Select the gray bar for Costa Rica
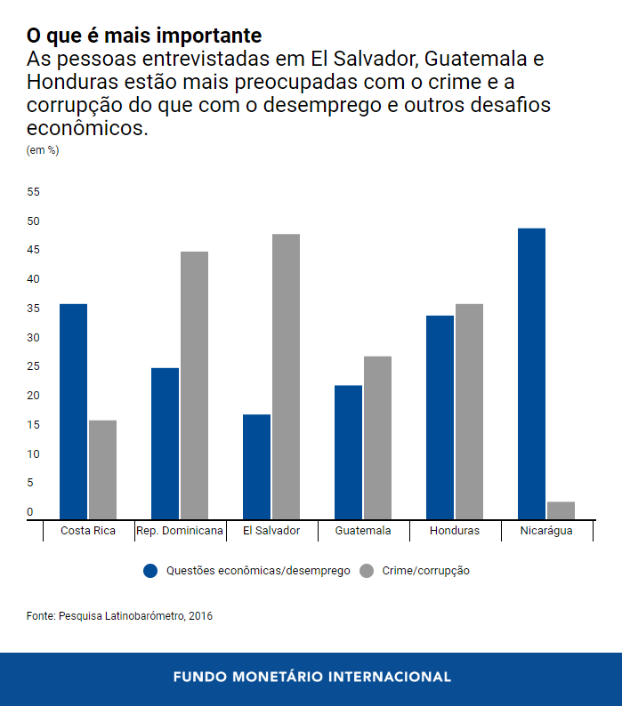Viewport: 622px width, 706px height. point(102,469)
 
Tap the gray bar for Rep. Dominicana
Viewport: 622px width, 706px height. point(194,384)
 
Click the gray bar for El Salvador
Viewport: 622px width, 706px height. point(286,376)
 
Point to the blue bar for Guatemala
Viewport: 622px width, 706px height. point(348,452)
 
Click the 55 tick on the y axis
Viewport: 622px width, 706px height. point(34,192)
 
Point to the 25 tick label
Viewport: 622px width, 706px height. point(34,367)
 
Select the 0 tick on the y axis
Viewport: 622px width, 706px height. point(29,512)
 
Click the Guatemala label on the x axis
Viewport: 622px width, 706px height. point(363,531)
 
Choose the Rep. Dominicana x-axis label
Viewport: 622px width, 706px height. point(180,531)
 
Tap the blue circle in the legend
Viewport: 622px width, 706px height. point(150,571)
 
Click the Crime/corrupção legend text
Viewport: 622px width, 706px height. point(425,571)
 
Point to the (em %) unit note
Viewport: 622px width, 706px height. point(43,150)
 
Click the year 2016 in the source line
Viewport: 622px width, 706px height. point(200,615)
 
